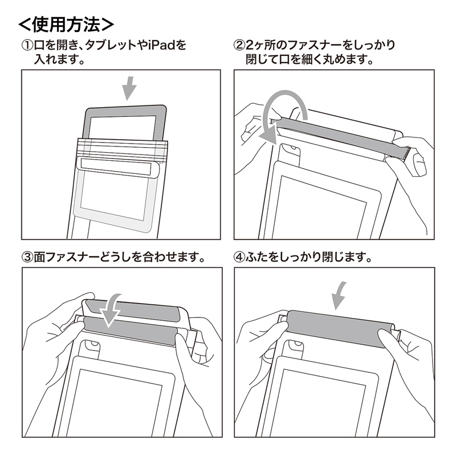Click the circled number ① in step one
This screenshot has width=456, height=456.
(27, 44)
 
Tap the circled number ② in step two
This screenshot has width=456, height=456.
(239, 44)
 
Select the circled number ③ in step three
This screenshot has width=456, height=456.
(27, 256)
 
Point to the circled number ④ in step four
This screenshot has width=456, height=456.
(239, 256)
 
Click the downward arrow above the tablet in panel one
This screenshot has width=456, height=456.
(130, 88)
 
